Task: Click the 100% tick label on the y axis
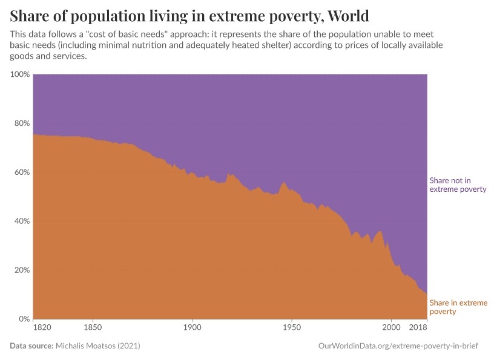click(20, 74)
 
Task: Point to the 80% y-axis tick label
click(22, 123)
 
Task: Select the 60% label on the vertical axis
click(22, 172)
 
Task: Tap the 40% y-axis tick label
click(22, 221)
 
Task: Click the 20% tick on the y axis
click(22, 270)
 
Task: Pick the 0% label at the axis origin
click(24, 319)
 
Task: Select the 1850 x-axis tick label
click(93, 329)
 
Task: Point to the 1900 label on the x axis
click(192, 329)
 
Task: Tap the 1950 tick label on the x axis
click(292, 329)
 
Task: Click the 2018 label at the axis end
click(418, 329)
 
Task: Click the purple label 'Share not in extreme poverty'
click(458, 185)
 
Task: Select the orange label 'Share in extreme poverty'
click(458, 307)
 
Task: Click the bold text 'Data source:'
click(31, 345)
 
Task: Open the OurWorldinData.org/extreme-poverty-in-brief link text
click(402, 345)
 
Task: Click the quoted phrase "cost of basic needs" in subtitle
click(125, 35)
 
